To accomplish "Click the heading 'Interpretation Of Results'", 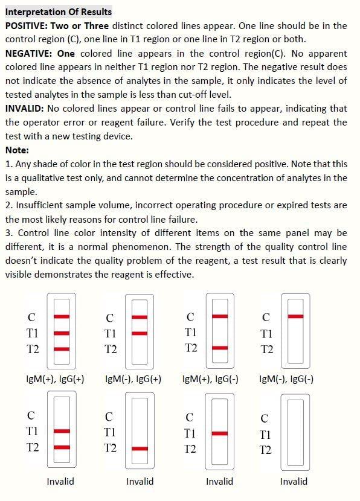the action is [58, 11].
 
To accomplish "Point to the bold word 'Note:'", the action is [17, 150].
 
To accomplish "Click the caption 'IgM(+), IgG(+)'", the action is [55, 379].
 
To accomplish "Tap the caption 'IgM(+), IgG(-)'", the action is [210, 379].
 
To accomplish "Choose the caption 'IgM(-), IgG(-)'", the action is [286, 379].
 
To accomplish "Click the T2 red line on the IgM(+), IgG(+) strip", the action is [62, 348].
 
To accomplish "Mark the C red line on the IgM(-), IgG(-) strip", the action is [295, 316].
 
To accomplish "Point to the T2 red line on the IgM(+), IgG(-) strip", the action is [220, 348].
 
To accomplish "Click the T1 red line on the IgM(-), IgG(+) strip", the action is [140, 333].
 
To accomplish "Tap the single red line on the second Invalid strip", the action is [140, 448].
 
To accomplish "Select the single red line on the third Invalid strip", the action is [220, 433].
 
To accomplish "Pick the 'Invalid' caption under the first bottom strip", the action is [60, 481].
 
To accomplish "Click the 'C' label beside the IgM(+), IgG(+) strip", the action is [31, 317].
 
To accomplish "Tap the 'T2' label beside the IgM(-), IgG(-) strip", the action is [266, 349].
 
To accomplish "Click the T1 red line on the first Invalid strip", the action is [62, 431].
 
